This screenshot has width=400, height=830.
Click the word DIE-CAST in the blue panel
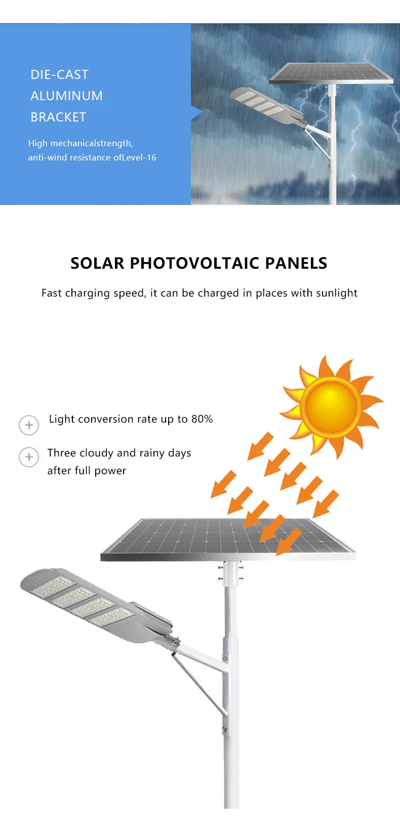click(59, 75)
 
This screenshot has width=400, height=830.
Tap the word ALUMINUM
click(66, 96)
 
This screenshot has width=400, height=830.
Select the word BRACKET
click(58, 117)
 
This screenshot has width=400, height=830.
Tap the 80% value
click(202, 419)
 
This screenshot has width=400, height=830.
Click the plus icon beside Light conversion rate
click(29, 425)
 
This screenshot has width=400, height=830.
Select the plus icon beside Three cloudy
click(29, 458)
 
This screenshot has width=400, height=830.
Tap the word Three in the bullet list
click(61, 453)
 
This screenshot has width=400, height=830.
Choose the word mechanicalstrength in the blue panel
click(91, 143)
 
